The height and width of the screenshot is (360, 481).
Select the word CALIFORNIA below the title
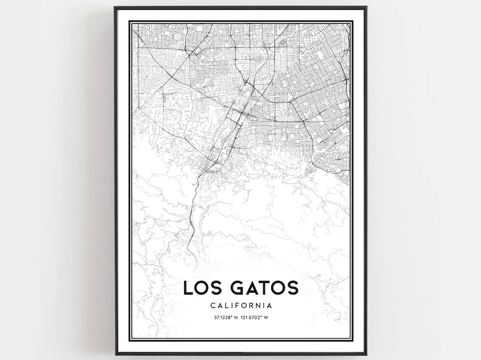click(x=240, y=306)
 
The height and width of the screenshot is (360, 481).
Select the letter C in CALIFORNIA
click(x=211, y=306)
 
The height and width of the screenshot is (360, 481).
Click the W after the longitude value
click(x=268, y=317)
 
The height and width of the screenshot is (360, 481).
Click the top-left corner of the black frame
click(x=115, y=7)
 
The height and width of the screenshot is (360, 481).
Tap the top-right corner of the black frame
click(x=366, y=7)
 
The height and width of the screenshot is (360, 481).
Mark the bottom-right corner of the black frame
click(x=366, y=354)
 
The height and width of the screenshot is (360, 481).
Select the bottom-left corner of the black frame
click(x=115, y=354)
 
